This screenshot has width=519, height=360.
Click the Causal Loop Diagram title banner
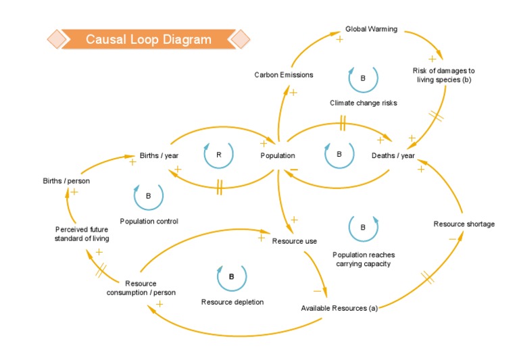coord(148,39)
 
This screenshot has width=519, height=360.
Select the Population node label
coord(278,155)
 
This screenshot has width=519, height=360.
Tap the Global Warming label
coord(371,29)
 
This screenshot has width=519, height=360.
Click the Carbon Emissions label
coord(284,75)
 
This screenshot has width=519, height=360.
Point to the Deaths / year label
coord(393,155)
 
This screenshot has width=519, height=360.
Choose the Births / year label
coord(159,155)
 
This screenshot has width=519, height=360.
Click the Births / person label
coord(66,180)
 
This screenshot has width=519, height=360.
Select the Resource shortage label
coord(464,224)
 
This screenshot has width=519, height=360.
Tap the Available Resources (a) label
coord(339,309)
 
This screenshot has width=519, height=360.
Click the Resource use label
coord(295,240)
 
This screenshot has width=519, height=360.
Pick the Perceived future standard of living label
coord(82,234)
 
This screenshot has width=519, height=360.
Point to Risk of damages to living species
coord(443,75)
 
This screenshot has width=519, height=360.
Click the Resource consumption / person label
coord(141,288)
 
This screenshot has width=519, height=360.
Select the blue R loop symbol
coord(218,155)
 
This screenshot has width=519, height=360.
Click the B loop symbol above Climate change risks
coord(363,78)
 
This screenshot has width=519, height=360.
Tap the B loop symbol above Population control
coord(148,196)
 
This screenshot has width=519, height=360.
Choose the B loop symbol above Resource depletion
coord(231,277)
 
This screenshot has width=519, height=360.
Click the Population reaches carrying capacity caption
coord(364,259)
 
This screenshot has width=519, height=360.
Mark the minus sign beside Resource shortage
coord(452,238)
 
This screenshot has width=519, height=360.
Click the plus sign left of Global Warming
coord(339,39)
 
